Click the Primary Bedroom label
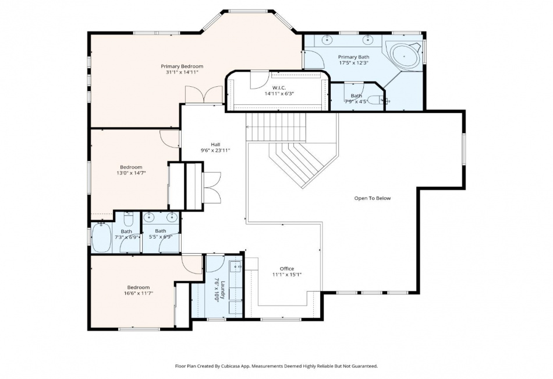pyautogui.click(x=182, y=66)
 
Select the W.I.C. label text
pyautogui.click(x=279, y=87)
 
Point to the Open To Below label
pyautogui.click(x=373, y=198)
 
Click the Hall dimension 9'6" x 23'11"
pyautogui.click(x=215, y=150)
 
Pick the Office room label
pyautogui.click(x=287, y=269)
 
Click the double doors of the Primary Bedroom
pyautogui.click(x=204, y=96)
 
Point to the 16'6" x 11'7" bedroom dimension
pyautogui.click(x=139, y=293)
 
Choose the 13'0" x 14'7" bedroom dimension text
pyautogui.click(x=131, y=173)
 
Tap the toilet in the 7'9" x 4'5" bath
pyautogui.click(x=374, y=100)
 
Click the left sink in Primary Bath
pyautogui.click(x=328, y=39)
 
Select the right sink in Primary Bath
pyautogui.click(x=368, y=39)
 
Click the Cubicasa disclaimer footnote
pyautogui.click(x=276, y=366)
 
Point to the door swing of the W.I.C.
pyautogui.click(x=259, y=80)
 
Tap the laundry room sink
pyautogui.click(x=236, y=266)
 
